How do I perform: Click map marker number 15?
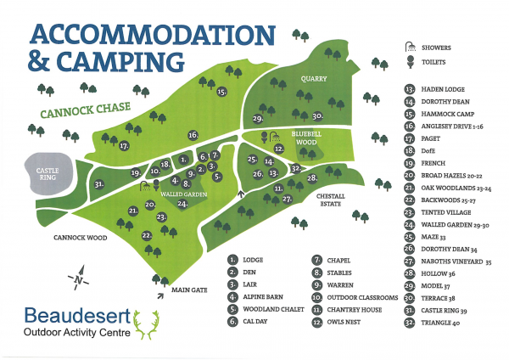click(221, 92)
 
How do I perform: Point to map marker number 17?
click(125, 146)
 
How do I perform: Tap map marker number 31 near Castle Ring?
click(99, 184)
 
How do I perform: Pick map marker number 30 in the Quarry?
click(316, 116)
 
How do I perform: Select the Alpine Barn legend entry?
click(261, 297)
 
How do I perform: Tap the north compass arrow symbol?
click(78, 278)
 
